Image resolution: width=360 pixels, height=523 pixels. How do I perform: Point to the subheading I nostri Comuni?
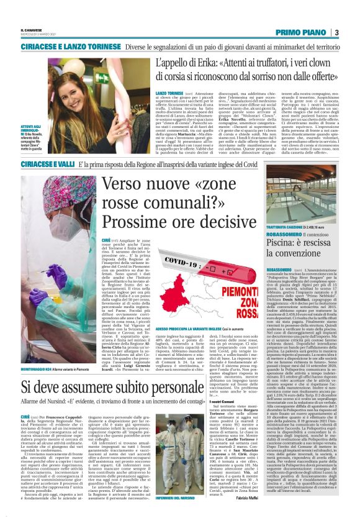(x=223, y=421)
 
